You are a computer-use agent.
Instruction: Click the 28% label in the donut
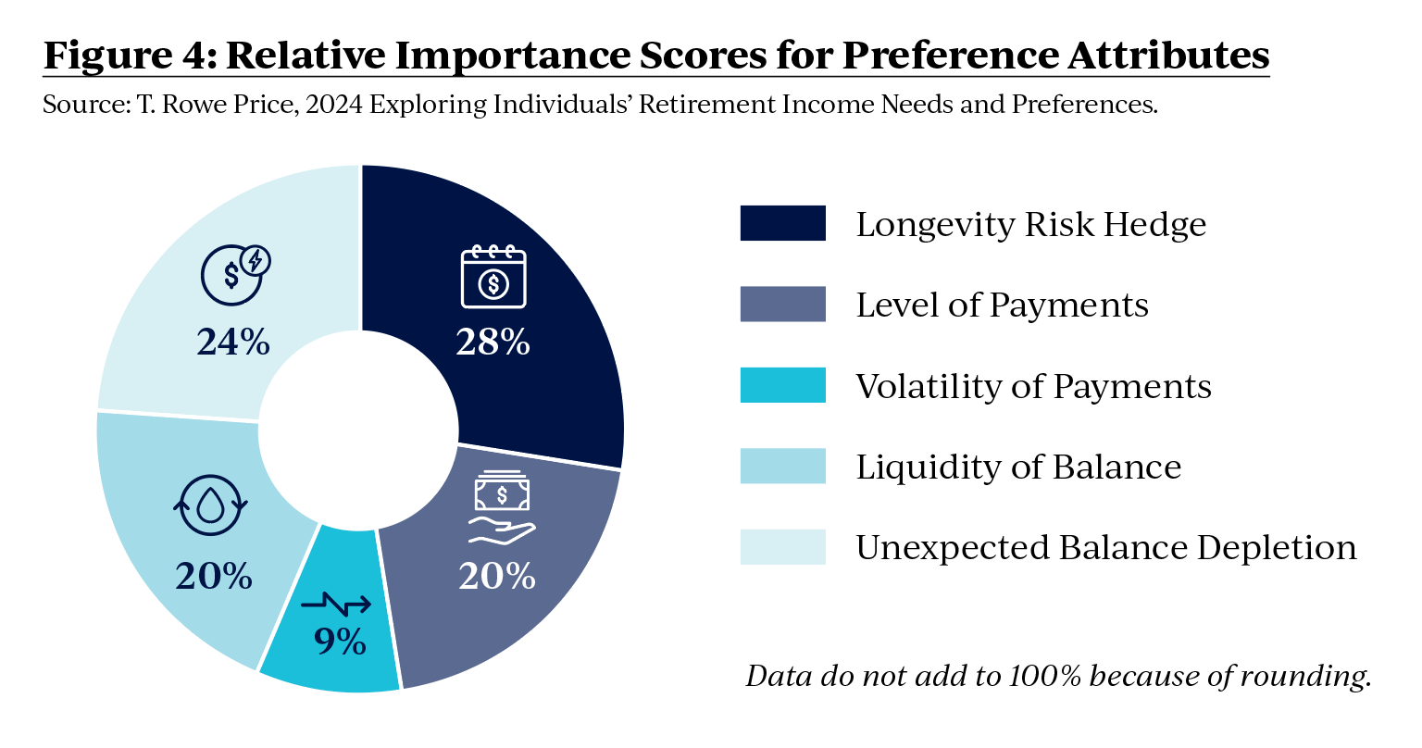click(x=493, y=343)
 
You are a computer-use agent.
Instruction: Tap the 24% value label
click(x=232, y=343)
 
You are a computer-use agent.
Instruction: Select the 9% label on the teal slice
click(x=340, y=641)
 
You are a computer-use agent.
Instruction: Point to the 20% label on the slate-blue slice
click(x=497, y=577)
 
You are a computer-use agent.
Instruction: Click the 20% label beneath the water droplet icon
click(x=214, y=576)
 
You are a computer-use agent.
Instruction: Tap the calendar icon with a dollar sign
click(x=493, y=277)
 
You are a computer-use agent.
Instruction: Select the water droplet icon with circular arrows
click(x=211, y=505)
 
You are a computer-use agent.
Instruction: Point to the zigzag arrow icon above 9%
click(x=337, y=605)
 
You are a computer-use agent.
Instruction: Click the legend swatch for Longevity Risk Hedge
click(x=782, y=224)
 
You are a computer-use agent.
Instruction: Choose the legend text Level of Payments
click(x=1002, y=305)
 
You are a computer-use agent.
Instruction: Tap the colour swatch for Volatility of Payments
click(x=782, y=385)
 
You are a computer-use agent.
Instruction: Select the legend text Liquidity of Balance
click(x=1018, y=467)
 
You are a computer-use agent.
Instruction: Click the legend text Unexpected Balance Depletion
click(x=1105, y=547)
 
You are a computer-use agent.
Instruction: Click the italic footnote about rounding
click(x=1057, y=676)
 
